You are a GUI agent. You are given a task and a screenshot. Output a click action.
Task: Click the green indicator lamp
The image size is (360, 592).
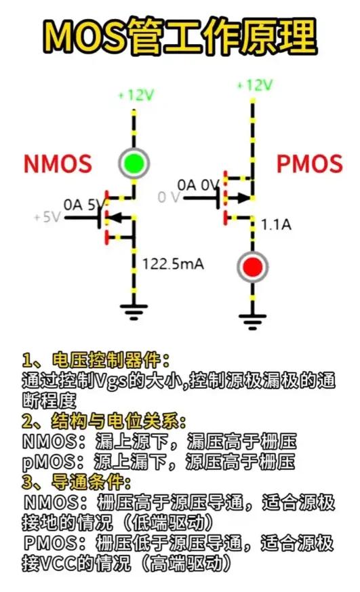134,163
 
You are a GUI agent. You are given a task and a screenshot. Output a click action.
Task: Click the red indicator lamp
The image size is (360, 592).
252,267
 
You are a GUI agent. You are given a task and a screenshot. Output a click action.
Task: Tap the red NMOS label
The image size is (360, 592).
58,163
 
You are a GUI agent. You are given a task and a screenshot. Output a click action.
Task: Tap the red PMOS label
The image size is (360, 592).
309,163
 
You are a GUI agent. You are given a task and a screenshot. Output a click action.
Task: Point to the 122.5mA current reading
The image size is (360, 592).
173,264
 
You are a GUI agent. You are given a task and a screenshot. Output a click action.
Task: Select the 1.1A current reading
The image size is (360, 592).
276,224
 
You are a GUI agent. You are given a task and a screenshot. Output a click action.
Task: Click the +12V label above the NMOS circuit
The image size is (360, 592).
136,95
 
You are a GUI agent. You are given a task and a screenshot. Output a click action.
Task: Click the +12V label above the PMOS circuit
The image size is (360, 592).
254,85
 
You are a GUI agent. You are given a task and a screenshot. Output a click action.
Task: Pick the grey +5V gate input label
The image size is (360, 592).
47,217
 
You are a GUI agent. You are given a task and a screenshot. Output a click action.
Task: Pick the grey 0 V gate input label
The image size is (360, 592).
169,197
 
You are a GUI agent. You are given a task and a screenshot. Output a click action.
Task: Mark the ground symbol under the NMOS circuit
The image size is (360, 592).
134,311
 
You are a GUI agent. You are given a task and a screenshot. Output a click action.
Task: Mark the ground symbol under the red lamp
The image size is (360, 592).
252,321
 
